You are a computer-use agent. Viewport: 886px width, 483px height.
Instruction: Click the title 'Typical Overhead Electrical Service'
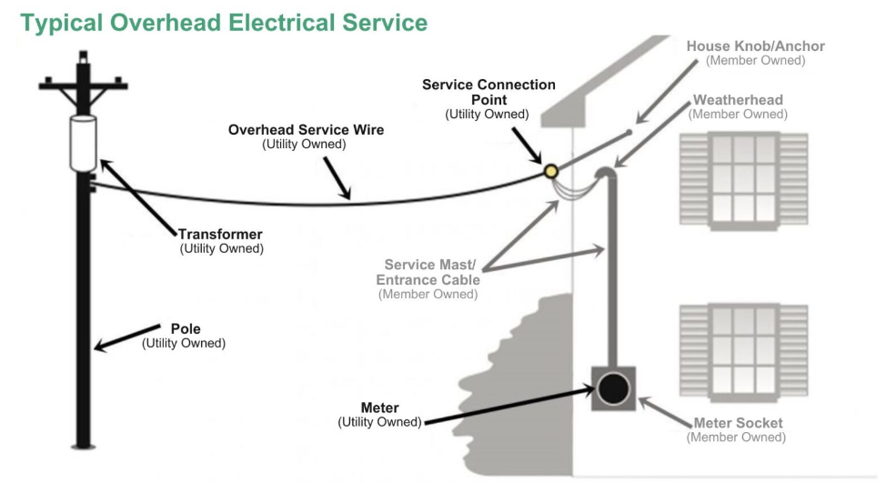coord(224,22)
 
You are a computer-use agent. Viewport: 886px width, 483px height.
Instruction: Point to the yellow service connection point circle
coord(549,171)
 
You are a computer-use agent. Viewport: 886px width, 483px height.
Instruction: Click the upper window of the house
coord(743,177)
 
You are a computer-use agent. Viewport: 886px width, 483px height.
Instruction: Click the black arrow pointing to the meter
coord(509,407)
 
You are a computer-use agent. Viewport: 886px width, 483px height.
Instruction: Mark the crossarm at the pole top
coord(83,87)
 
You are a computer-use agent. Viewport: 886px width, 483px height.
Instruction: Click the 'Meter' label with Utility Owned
coord(379,415)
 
